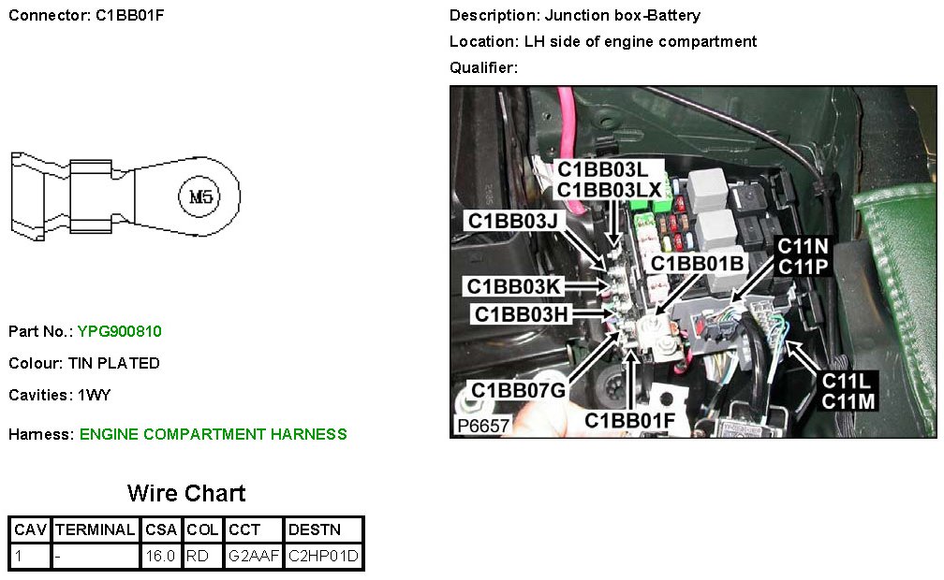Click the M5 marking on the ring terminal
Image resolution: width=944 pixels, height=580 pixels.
pos(200,196)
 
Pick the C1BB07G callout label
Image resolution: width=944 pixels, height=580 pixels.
pos(518,389)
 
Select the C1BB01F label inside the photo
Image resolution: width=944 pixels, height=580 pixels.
pos(629,420)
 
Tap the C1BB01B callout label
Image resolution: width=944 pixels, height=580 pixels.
pos(699,264)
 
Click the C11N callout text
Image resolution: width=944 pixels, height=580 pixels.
pos(803,247)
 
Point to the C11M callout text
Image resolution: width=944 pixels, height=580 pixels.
pos(848,401)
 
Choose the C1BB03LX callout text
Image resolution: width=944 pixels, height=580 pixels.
pos(610,190)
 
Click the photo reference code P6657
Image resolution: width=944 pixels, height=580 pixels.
pos(483,425)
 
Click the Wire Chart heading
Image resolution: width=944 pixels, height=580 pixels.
pos(186,493)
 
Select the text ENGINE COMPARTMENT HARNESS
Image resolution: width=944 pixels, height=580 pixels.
pos(214,434)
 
